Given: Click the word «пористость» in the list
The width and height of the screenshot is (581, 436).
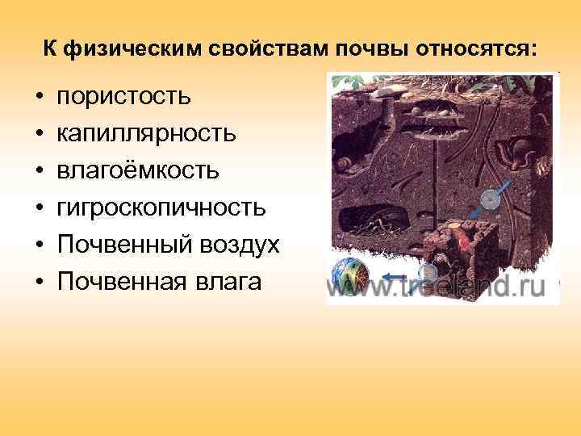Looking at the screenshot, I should [123, 97].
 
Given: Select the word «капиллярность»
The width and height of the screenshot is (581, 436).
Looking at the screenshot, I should [146, 134].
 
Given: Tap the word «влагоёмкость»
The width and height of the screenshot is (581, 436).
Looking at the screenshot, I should [136, 171].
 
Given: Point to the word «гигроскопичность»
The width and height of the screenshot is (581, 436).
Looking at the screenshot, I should [161, 208].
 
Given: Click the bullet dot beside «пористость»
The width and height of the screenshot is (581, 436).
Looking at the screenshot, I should [38, 98].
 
